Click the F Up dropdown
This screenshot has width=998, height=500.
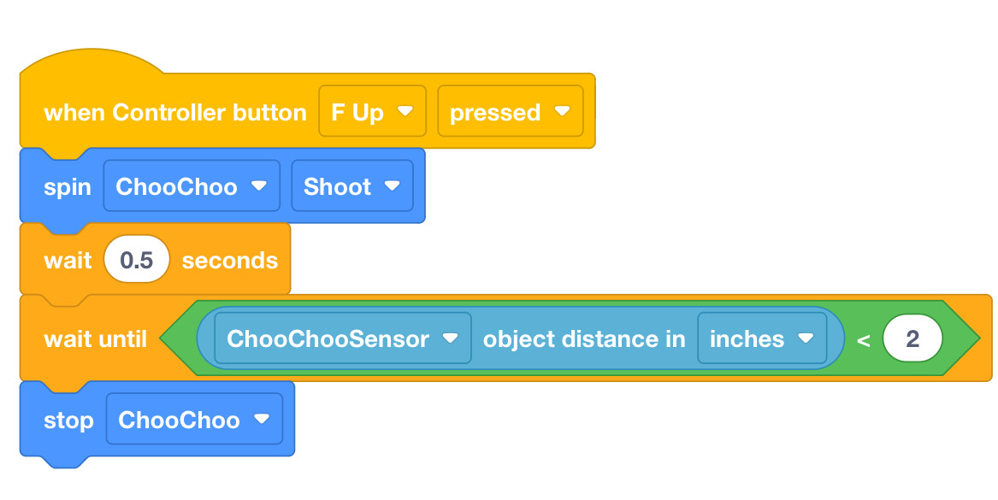(372, 111)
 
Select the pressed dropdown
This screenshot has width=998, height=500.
(511, 111)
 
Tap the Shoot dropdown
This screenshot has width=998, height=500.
(352, 185)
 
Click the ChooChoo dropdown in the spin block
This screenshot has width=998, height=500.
(192, 185)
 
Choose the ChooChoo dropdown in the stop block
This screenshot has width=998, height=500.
(194, 419)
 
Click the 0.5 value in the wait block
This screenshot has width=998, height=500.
(137, 260)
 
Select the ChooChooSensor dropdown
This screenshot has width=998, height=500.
(343, 338)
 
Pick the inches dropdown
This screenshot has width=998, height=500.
(762, 338)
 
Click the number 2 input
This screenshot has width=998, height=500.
(912, 338)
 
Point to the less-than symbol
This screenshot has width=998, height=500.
(863, 340)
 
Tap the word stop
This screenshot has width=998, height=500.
(68, 420)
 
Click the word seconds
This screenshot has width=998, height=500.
(230, 260)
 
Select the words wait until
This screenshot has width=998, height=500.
(96, 339)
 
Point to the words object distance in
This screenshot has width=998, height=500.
(584, 339)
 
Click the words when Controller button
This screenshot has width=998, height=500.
(175, 113)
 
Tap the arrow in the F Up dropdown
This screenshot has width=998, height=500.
(405, 111)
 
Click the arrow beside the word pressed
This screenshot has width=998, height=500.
(562, 111)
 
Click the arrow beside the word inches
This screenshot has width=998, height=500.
(806, 338)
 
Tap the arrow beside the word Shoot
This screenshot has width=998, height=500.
(392, 185)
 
